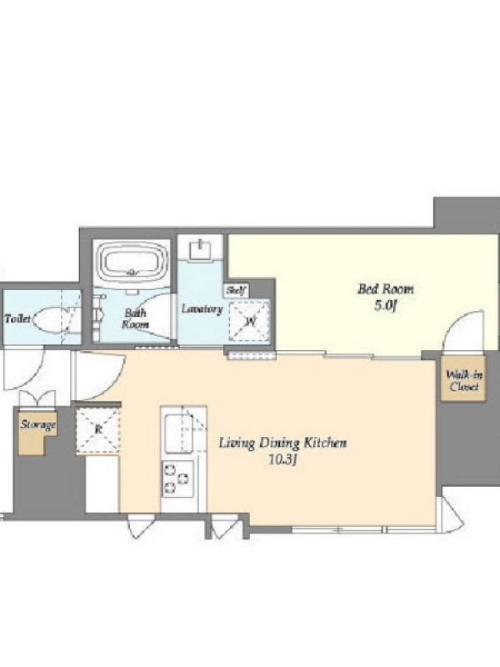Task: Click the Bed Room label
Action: coord(385,289)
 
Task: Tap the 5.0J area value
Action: coord(385,306)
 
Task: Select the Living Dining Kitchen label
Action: coord(282,444)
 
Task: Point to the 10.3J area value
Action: coord(282,460)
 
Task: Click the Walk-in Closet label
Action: coord(464,381)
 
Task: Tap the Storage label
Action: coord(38,424)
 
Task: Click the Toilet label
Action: coord(17,318)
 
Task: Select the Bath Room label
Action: coord(136,318)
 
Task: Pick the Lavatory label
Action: coord(202,308)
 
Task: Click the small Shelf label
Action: coord(236,291)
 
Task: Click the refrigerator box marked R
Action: coord(97,429)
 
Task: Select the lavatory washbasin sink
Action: coord(200,250)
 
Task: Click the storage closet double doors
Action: coord(37,399)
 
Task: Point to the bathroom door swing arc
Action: coord(158,315)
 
